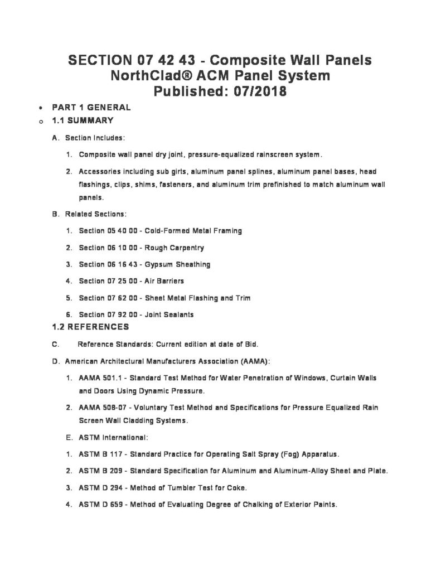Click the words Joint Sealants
169,314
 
